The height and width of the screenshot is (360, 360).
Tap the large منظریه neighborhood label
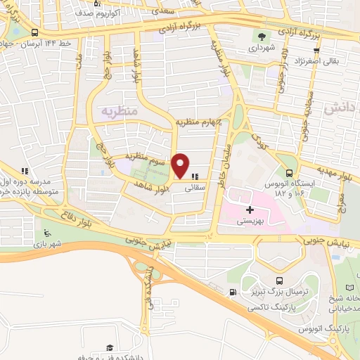point(120,111)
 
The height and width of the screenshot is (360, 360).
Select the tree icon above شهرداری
point(262,37)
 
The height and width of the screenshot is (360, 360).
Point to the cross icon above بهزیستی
point(250,210)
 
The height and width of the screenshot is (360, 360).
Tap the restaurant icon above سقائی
point(195,176)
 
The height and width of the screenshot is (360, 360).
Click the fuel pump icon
point(232,292)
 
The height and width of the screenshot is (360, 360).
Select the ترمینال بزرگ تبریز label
point(276,290)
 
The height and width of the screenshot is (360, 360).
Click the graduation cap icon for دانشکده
point(110,347)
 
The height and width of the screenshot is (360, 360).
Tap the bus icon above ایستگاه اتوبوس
point(289,173)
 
